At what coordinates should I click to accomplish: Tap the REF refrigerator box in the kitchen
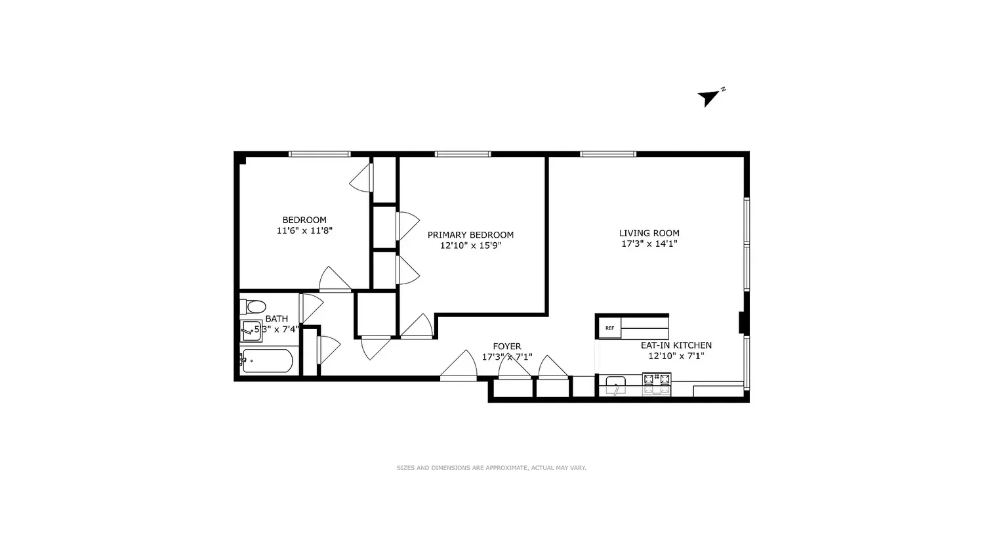coord(609,328)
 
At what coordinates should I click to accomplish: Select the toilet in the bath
coord(253,306)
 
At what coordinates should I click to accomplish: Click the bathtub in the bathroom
coord(266,361)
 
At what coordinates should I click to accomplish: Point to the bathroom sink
coord(251,331)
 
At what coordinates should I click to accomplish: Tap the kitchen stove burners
coord(657,383)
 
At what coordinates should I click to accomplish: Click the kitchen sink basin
coord(615,383)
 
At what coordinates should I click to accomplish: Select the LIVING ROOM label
coord(649,233)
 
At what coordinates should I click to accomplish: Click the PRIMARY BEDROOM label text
coord(470,235)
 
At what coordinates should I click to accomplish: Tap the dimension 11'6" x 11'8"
coord(304,230)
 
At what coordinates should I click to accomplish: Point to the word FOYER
coord(507,347)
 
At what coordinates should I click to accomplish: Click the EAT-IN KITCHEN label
coord(676,345)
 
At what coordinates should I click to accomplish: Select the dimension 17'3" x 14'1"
coord(649,244)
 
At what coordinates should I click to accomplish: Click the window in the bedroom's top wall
coord(319,154)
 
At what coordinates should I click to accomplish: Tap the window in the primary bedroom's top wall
coord(462,154)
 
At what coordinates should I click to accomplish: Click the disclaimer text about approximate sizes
coord(491,468)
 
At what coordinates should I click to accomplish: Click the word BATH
coord(277,319)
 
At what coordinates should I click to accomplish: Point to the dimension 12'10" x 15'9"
coord(471,245)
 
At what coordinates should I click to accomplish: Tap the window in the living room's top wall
coord(608,154)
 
